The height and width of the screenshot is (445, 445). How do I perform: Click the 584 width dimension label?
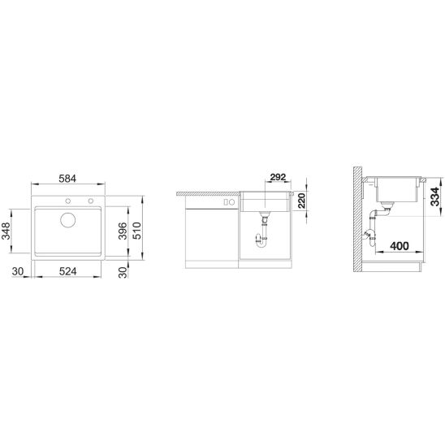[67, 179]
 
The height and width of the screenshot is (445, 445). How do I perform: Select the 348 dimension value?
[6, 231]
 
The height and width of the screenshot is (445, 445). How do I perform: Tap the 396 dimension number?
[123, 231]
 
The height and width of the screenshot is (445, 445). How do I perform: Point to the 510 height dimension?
[136, 231]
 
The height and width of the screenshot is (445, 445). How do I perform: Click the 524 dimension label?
[68, 271]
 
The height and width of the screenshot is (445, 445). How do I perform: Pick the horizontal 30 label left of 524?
[18, 271]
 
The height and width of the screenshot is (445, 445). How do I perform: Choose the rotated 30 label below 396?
[123, 273]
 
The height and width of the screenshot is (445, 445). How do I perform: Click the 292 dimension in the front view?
[278, 177]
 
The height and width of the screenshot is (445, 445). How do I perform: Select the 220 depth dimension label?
[301, 201]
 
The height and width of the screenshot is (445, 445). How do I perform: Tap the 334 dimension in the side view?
[434, 197]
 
